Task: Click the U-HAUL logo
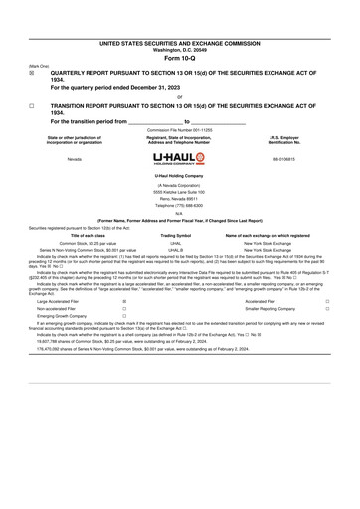click(179, 158)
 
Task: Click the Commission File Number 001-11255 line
click(179, 130)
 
